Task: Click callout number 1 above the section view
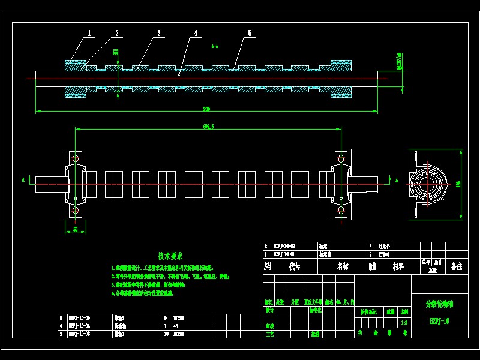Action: point(90,34)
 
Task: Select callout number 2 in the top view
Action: point(117,34)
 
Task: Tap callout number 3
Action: point(159,34)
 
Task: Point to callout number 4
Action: point(196,34)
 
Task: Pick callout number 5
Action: point(250,34)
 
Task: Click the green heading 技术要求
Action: point(171,256)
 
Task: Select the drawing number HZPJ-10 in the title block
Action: point(440,322)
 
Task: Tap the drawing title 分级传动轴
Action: point(440,304)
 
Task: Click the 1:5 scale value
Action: point(404,322)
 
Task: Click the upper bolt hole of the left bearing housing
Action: point(76,158)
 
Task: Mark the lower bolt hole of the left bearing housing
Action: point(76,211)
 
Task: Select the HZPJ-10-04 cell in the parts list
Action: point(80,326)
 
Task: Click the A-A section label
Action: point(215,46)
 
